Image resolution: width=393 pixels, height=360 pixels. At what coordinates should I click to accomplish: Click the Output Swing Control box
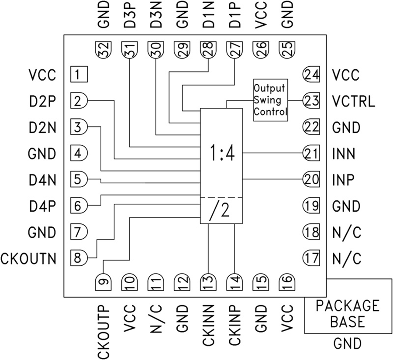point(271,100)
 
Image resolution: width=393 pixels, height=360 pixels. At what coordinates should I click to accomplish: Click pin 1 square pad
point(79,75)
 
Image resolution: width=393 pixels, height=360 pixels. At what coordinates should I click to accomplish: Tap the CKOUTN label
point(29,258)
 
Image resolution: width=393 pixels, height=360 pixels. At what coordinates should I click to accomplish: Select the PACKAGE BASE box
point(348,314)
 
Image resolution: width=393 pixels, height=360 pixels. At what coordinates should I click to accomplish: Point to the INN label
point(344,154)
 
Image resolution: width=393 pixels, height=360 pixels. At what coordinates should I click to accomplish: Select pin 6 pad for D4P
point(79,206)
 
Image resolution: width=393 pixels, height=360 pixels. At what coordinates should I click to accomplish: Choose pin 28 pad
point(208,51)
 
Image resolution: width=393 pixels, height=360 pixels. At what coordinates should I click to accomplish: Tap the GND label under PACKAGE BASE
point(348,343)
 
